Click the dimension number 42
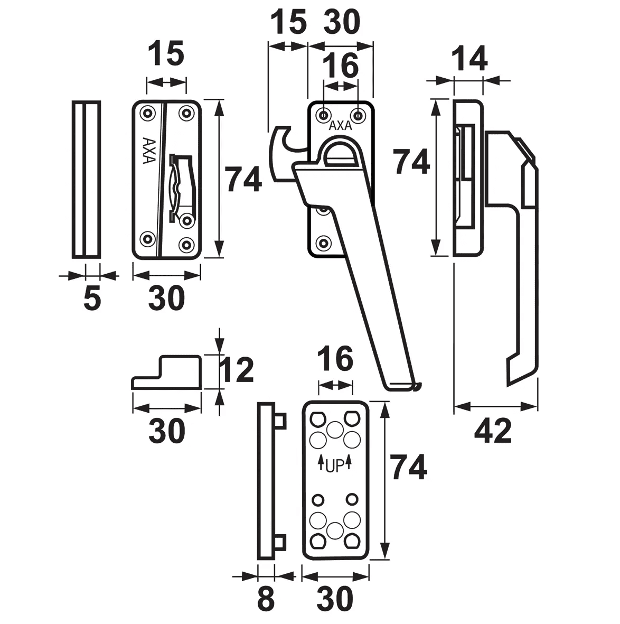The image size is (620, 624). click(493, 431)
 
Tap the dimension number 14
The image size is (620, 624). click(469, 59)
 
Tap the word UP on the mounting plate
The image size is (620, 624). click(335, 465)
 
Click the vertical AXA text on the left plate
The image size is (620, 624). click(148, 151)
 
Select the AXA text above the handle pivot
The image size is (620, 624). click(341, 126)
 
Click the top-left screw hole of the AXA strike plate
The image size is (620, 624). click(147, 114)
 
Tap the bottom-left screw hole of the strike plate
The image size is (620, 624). click(147, 239)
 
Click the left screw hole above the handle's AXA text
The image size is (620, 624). click(323, 115)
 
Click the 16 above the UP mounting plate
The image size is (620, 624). click(336, 359)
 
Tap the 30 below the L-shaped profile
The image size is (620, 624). click(167, 431)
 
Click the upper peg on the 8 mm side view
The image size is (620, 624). click(280, 421)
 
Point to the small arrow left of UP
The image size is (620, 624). click(320, 462)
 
